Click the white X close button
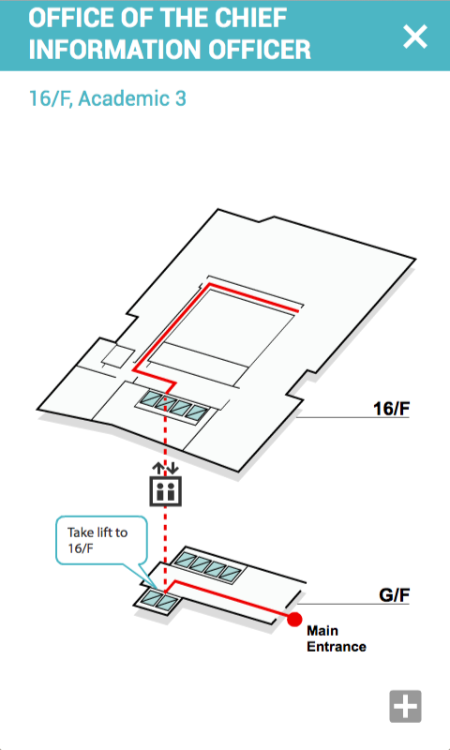[414, 37]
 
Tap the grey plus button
[405, 706]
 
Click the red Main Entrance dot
[294, 620]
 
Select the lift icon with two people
[165, 490]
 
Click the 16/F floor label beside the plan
[391, 409]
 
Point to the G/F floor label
[394, 595]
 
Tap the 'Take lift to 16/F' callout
[100, 540]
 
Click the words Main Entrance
[337, 638]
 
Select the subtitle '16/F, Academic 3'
[108, 98]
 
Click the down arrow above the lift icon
[172, 467]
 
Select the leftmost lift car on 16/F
[154, 398]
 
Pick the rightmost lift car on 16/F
[197, 412]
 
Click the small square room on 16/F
[119, 356]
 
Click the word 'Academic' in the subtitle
[119, 98]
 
